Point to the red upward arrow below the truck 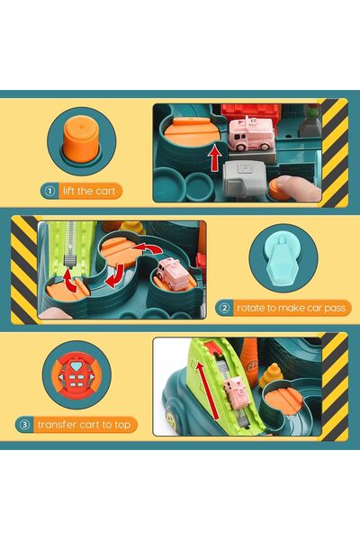[215, 160]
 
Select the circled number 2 [225, 308]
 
